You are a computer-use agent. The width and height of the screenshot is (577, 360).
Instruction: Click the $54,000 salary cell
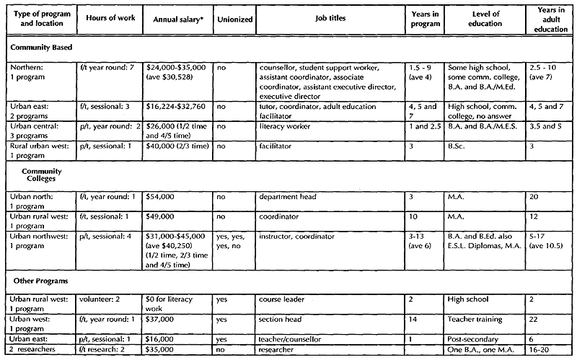pyautogui.click(x=162, y=196)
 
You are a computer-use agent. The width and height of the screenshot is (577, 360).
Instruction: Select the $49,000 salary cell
pyautogui.click(x=162, y=216)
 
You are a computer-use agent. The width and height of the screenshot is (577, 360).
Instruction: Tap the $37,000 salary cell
pyautogui.click(x=162, y=317)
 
